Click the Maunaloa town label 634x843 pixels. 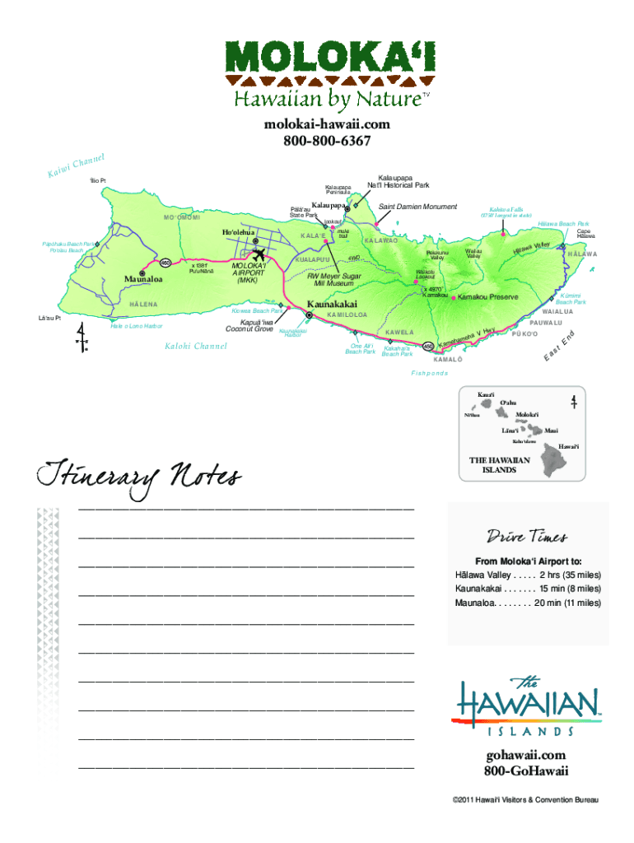[143, 279]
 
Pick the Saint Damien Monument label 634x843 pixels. [417, 206]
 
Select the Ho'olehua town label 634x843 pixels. [238, 233]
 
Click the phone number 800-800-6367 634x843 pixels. [317, 142]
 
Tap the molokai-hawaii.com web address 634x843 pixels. [317, 123]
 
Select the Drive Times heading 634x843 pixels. [527, 537]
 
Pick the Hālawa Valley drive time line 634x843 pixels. [527, 575]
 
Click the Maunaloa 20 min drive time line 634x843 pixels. [527, 603]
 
